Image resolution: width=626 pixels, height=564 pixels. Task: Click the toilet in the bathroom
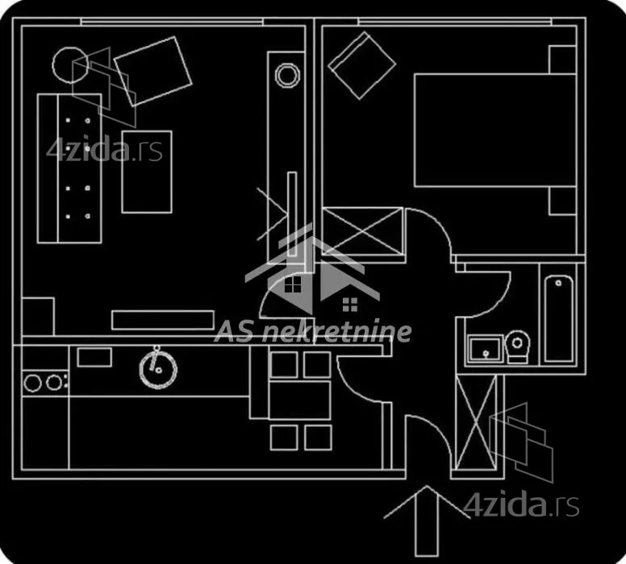[x=517, y=346]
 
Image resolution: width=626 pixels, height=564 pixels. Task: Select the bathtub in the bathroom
[x=559, y=318]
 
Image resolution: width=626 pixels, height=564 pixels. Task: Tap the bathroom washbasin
[x=485, y=349]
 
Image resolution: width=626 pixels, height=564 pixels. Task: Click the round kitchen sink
[x=158, y=368]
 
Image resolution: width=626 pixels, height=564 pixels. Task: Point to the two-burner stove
[x=44, y=383]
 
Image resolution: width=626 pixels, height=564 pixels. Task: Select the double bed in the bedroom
[x=495, y=130]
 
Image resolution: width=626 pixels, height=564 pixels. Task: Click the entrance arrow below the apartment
[x=427, y=520]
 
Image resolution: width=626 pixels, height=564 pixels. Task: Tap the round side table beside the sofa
[x=70, y=65]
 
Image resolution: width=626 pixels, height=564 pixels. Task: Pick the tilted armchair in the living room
[x=153, y=72]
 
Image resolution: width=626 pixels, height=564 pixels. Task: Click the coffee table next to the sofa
[x=147, y=172]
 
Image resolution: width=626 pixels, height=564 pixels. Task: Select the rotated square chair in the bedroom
[x=361, y=65]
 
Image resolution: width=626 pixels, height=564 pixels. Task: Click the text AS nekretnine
[x=313, y=332]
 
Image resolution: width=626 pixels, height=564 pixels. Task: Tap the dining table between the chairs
[x=299, y=400]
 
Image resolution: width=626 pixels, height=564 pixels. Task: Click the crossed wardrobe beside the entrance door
[x=475, y=422]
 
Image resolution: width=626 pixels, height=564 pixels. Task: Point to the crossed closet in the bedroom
[x=362, y=231]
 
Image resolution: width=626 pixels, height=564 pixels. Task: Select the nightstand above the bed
[x=562, y=60]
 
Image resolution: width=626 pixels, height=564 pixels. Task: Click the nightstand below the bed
[x=562, y=201]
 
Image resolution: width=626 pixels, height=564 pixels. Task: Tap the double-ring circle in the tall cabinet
[x=287, y=75]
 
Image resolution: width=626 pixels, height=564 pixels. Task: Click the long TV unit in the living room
[x=163, y=321]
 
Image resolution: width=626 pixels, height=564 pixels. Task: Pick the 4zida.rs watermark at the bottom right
[x=521, y=505]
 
